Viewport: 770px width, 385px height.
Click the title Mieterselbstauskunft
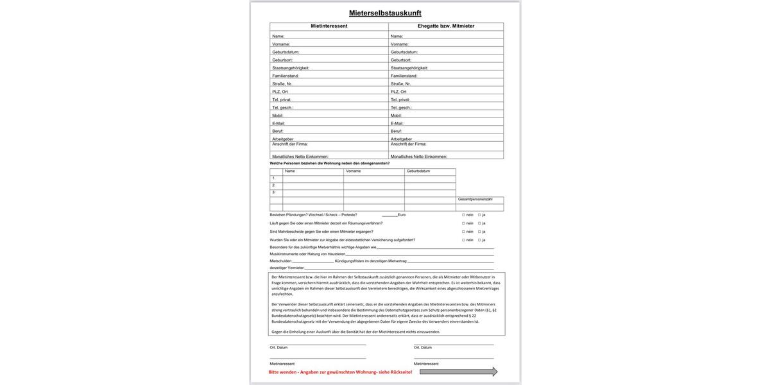tap(385, 13)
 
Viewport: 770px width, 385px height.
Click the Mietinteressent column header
tap(329, 26)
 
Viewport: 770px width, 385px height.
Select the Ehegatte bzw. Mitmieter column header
tap(446, 26)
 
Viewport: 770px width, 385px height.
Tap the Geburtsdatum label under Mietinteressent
tap(286, 52)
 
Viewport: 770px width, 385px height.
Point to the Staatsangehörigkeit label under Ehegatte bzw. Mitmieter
tap(409, 68)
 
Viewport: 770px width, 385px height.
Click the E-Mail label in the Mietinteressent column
tap(278, 123)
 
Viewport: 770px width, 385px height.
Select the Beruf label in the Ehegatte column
tap(396, 131)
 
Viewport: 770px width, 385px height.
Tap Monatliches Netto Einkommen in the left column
tap(300, 157)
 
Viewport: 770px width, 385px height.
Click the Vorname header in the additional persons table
tap(354, 171)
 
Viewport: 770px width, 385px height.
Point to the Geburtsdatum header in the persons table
tap(418, 171)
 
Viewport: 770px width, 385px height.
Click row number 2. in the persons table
tap(274, 185)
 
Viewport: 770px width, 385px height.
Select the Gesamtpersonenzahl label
tap(475, 200)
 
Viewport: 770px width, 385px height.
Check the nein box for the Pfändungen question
tap(463, 215)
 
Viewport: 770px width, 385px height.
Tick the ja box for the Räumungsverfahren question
tap(479, 223)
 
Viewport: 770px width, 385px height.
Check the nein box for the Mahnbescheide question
tap(463, 232)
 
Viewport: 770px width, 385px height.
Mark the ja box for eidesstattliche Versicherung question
tap(479, 240)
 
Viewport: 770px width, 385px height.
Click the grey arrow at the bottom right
tap(458, 372)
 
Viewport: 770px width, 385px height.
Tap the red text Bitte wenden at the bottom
tap(340, 372)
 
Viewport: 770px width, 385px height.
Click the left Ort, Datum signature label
tap(278, 348)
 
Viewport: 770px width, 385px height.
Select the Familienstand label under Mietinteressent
tap(286, 76)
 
